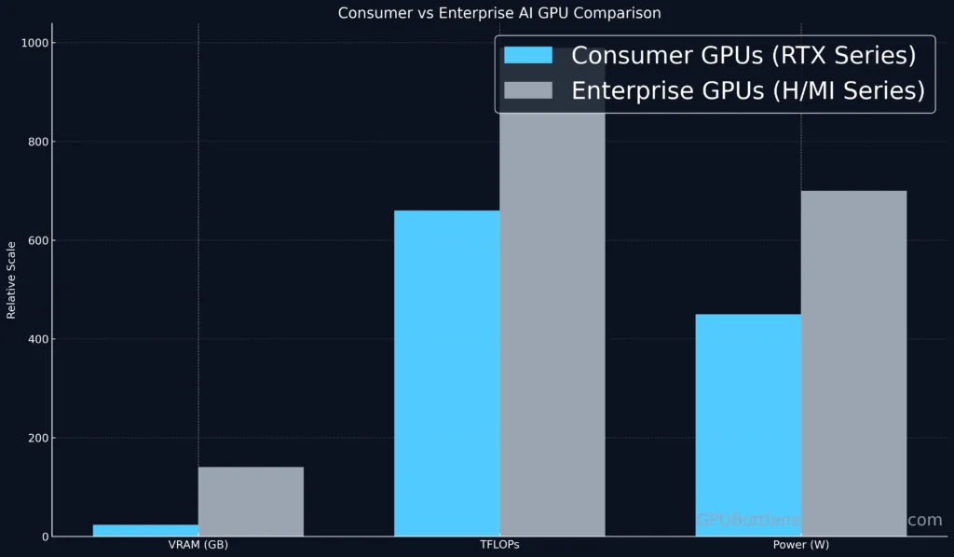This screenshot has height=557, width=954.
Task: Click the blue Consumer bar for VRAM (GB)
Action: pyautogui.click(x=145, y=530)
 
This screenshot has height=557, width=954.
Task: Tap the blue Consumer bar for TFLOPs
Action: pyautogui.click(x=447, y=373)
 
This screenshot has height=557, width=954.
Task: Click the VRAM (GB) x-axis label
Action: pyautogui.click(x=198, y=545)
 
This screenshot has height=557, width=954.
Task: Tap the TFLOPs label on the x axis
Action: pyautogui.click(x=499, y=545)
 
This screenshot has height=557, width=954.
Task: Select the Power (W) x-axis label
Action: pyautogui.click(x=800, y=545)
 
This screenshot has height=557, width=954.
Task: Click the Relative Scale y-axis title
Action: pyautogui.click(x=11, y=279)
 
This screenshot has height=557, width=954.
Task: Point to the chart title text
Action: pyautogui.click(x=499, y=13)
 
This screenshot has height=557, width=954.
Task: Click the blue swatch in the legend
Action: pyautogui.click(x=527, y=56)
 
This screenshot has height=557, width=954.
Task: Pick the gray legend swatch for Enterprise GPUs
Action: pyautogui.click(x=527, y=90)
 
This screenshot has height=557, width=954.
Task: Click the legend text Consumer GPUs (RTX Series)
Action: pyautogui.click(x=743, y=56)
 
